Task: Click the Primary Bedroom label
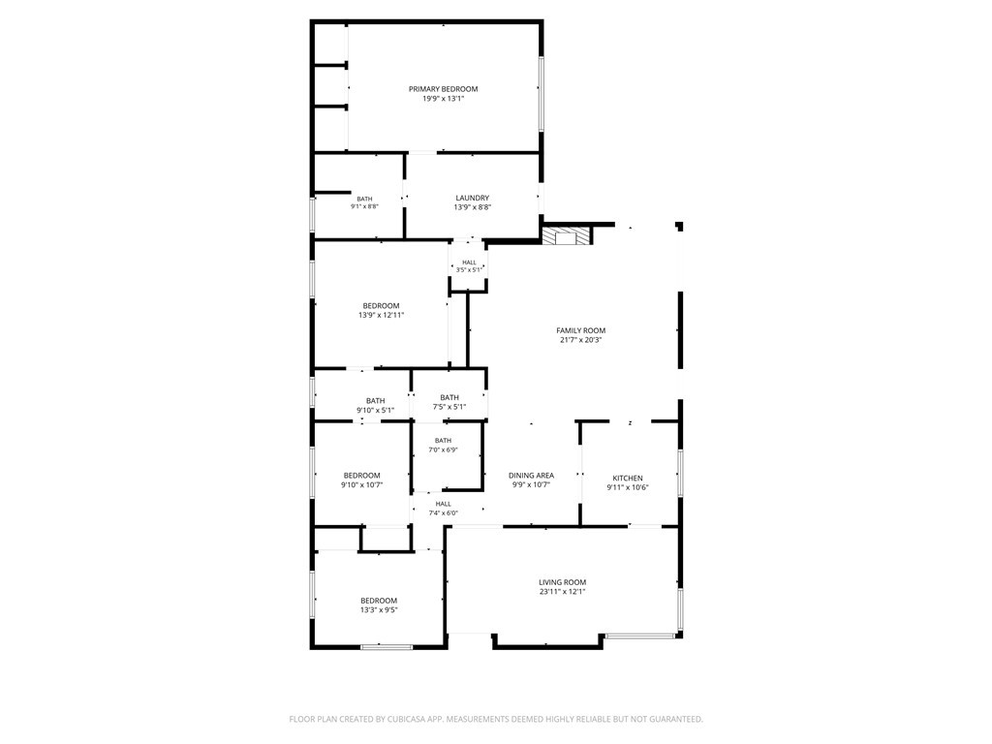(443, 89)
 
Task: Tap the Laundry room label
(473, 198)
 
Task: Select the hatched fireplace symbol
(567, 235)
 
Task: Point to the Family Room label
(581, 330)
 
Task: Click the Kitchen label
(628, 479)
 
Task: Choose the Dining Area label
(532, 476)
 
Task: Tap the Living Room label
(563, 582)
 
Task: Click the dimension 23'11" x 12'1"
(563, 592)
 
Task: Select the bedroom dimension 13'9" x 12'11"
(381, 315)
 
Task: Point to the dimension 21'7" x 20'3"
(581, 340)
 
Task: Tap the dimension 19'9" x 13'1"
(443, 99)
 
